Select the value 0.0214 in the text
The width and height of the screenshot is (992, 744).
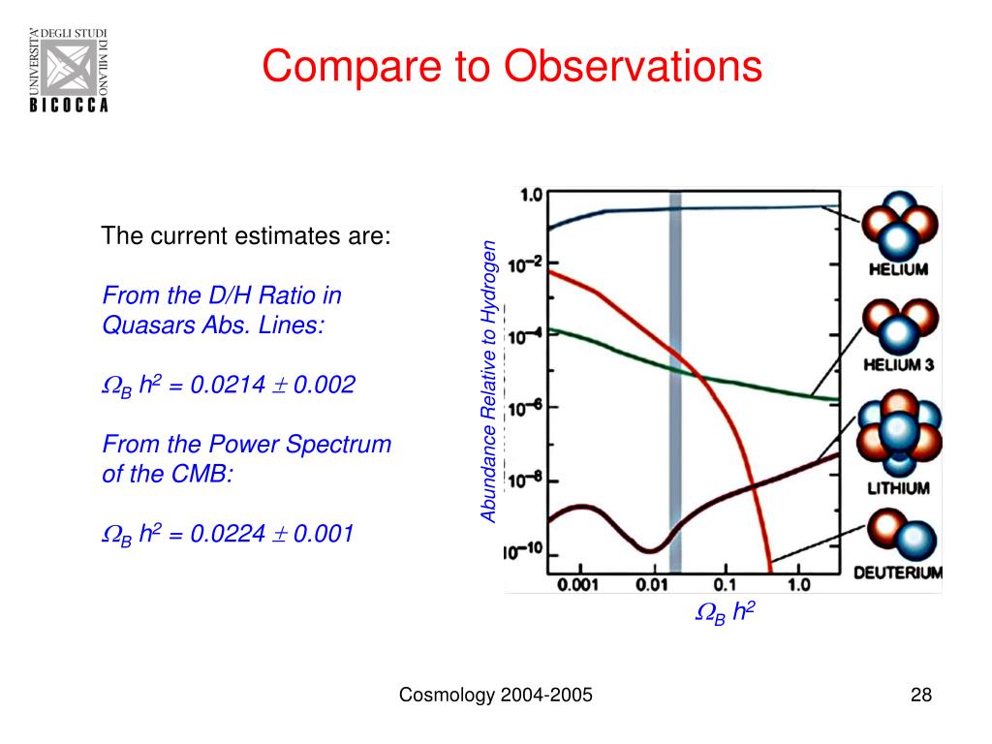(228, 386)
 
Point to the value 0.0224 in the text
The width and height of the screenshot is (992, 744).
(228, 534)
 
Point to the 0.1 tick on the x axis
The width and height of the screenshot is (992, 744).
(727, 585)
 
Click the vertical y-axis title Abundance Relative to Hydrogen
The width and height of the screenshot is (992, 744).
(489, 382)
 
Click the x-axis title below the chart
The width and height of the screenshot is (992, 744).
(725, 613)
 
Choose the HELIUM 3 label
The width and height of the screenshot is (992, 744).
(897, 366)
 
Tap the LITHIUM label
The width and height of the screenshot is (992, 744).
(897, 488)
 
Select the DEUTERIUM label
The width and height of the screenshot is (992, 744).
(897, 573)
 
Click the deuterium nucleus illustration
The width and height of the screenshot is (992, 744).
(896, 535)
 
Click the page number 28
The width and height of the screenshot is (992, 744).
(920, 696)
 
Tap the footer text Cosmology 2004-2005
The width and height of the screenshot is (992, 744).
(497, 696)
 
